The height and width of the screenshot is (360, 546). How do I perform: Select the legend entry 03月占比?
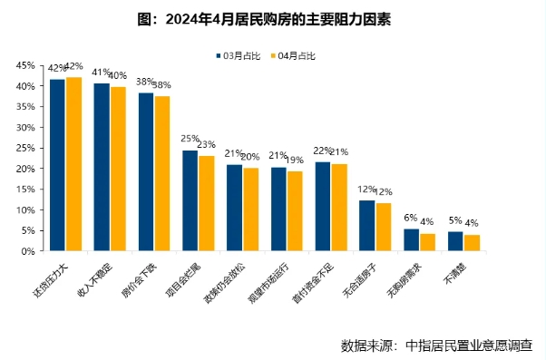240,56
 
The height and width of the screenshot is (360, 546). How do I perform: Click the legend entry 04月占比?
296,56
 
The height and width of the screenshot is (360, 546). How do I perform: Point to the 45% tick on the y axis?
24,65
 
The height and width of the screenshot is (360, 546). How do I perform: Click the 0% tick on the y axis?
27,252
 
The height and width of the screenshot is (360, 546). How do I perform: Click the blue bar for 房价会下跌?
146,172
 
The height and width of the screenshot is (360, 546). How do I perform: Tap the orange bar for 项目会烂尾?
207,204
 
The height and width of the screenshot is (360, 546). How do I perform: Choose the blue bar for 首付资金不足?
323,207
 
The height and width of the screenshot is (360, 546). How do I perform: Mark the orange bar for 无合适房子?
384,228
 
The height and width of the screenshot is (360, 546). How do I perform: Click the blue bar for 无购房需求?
412,240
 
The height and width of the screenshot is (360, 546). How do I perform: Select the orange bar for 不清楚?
473,243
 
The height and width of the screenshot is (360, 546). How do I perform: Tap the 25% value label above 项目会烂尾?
190,139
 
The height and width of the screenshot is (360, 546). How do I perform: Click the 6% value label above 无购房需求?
411,218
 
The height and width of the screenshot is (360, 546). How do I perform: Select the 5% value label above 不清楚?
455,220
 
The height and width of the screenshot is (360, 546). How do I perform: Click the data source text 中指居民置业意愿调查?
469,345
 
